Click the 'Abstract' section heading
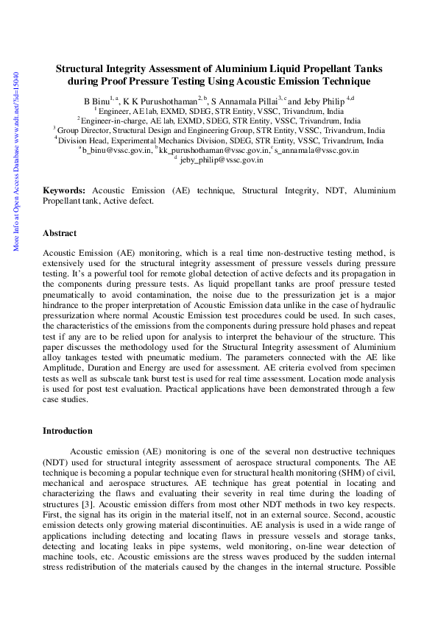[x=59, y=233]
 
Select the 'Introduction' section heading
[x=67, y=431]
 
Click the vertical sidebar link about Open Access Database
[x=16, y=162]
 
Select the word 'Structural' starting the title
[x=80, y=68]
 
